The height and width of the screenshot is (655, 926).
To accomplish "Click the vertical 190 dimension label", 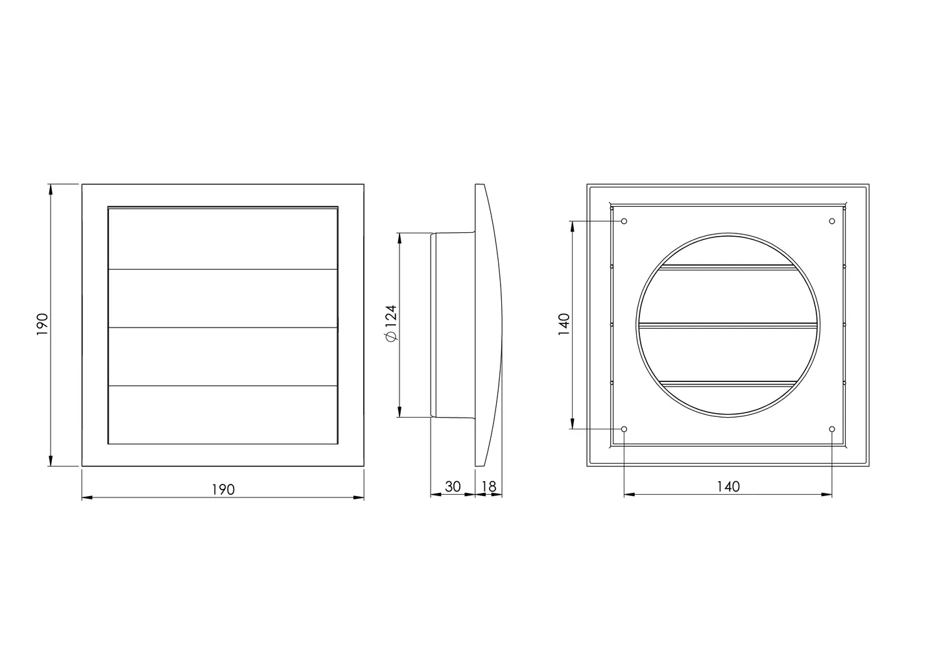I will (x=42, y=325).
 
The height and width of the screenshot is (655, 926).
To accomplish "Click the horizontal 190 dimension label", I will (x=222, y=490).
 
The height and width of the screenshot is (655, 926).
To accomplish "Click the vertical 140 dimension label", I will (x=564, y=325).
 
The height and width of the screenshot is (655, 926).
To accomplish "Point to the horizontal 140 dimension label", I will (x=728, y=486).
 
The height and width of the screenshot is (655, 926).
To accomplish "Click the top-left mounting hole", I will (x=624, y=221).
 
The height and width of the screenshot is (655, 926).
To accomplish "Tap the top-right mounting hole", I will (x=832, y=221).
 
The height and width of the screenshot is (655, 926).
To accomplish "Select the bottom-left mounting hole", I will (x=624, y=429).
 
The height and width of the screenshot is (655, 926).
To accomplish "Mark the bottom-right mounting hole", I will (x=832, y=429).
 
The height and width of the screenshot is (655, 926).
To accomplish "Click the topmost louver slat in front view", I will (x=222, y=238).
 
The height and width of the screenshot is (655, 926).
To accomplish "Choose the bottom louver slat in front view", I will (x=222, y=415).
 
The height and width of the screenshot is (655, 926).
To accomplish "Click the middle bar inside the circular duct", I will (x=728, y=326).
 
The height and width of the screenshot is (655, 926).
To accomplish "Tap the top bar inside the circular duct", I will (x=728, y=267).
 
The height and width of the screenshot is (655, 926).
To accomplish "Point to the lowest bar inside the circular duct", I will (x=728, y=384).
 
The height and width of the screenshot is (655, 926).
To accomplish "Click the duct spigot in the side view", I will (x=454, y=325).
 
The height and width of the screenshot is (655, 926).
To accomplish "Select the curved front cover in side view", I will (x=490, y=324).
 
